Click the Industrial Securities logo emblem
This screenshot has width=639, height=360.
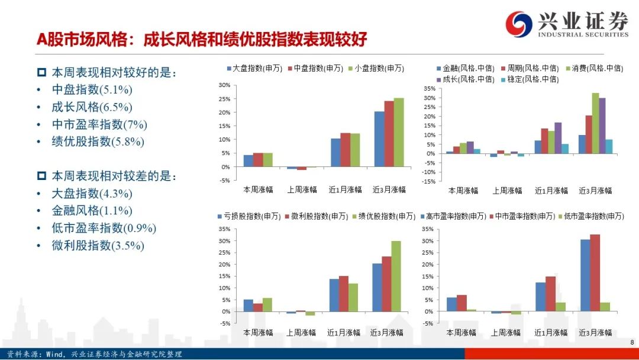519,24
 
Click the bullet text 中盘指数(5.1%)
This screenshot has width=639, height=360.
92,89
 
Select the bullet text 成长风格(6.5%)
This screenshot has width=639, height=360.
92,107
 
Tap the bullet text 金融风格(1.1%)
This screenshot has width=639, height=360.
92,211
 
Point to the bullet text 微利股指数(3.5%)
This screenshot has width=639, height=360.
98,246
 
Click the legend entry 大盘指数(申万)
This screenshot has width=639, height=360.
254,69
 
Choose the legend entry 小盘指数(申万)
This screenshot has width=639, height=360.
376,69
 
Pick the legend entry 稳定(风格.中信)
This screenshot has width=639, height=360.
530,79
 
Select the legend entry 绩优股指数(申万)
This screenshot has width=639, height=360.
383,216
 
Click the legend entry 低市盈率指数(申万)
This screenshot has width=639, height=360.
591,216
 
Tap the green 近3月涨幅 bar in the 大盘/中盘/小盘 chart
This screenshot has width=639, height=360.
399,133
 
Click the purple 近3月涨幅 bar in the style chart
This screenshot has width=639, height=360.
602,126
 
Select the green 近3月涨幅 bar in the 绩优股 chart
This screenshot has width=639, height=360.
396,277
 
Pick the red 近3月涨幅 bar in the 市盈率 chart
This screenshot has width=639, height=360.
595,273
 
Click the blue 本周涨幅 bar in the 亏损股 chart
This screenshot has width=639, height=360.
248,306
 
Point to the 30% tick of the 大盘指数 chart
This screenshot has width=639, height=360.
225,85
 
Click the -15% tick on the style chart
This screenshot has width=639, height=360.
429,181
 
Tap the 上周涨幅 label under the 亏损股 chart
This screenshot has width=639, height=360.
301,333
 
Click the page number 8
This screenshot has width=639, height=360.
632,342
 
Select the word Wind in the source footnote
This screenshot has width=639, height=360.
54,354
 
